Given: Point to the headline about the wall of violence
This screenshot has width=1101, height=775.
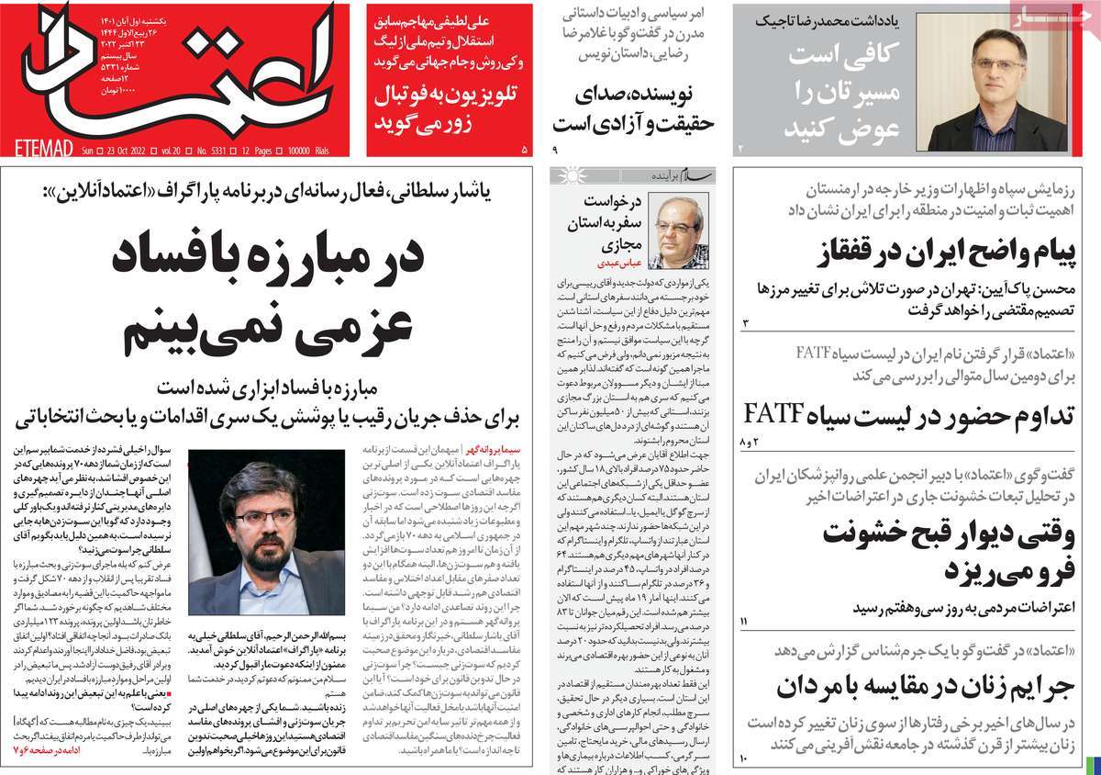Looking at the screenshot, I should tap(927, 550).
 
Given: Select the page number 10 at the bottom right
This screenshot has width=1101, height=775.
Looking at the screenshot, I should tap(745, 758).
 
